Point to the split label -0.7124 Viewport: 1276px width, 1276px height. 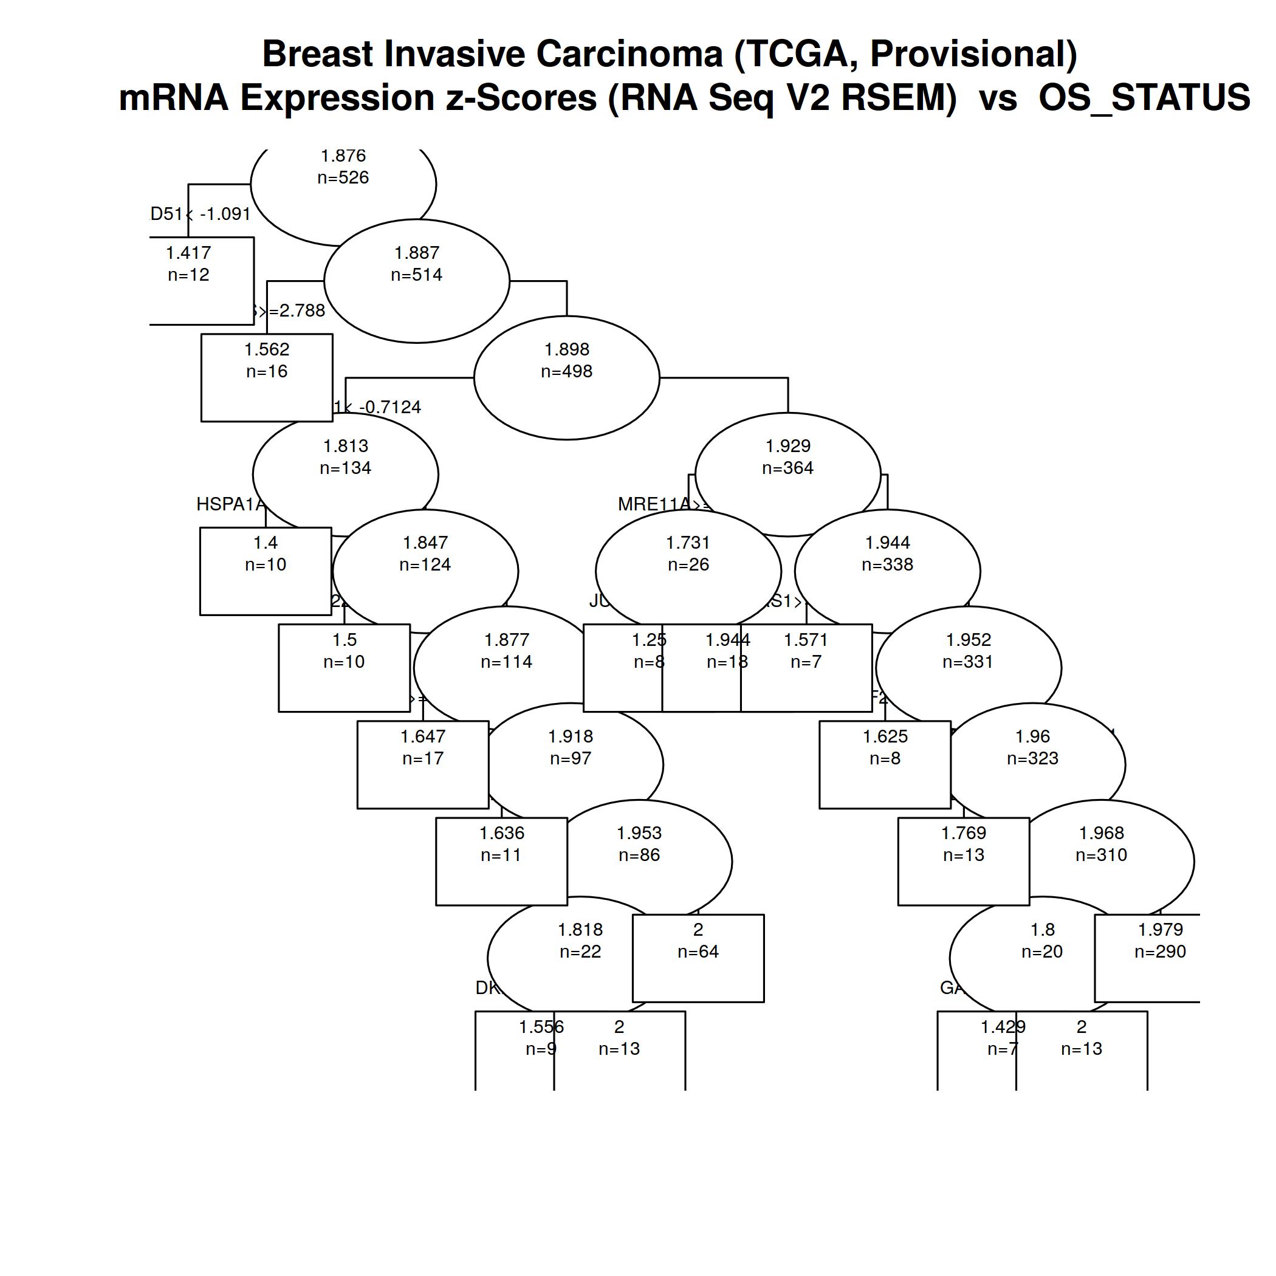pos(389,407)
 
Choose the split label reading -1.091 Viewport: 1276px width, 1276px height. pos(225,214)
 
